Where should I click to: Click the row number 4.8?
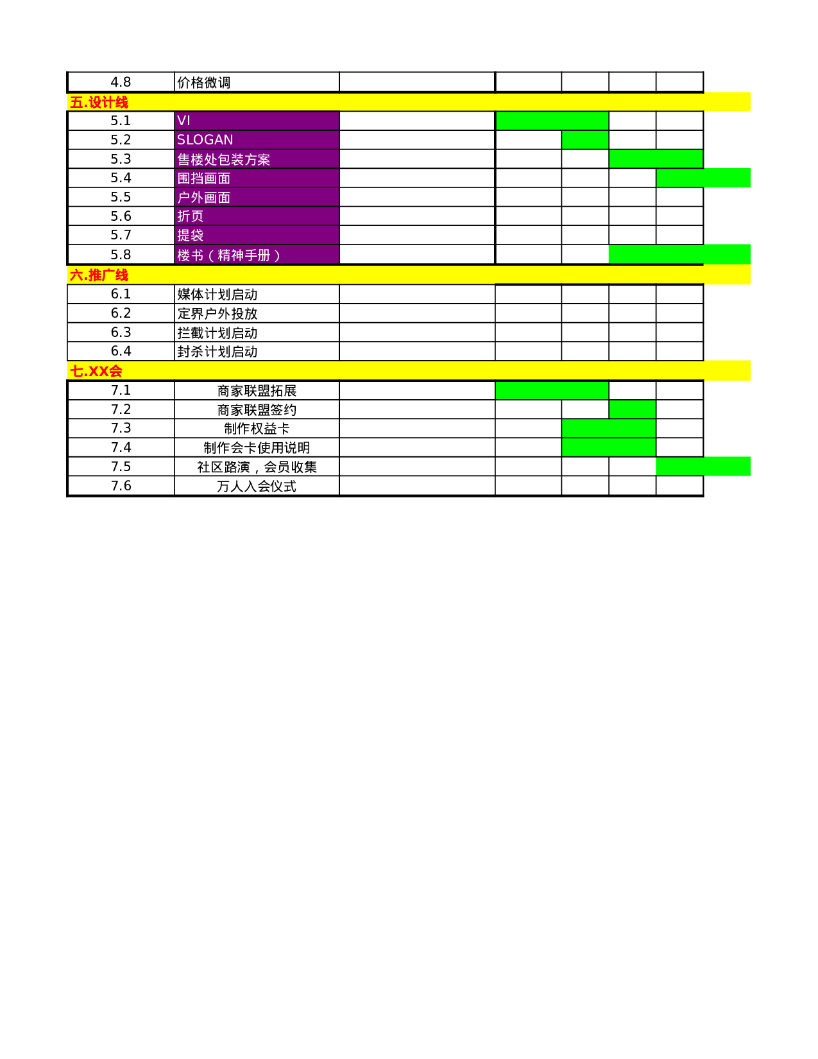121,82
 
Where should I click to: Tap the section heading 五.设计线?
99,102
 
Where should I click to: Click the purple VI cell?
256,121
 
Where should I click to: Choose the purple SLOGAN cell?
256,140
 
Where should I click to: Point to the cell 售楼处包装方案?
256,159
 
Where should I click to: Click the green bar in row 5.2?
585,140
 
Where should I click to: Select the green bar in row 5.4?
703,178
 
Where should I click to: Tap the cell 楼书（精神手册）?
256,255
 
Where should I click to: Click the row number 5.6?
121,216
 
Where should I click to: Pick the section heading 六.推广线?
99,275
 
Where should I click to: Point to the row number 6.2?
121,313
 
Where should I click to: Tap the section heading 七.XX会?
96,371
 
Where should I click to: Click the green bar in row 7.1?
552,390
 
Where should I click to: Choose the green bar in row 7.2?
632,409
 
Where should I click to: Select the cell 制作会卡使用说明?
257,447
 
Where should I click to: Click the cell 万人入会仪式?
257,486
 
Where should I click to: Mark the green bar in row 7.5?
703,467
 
